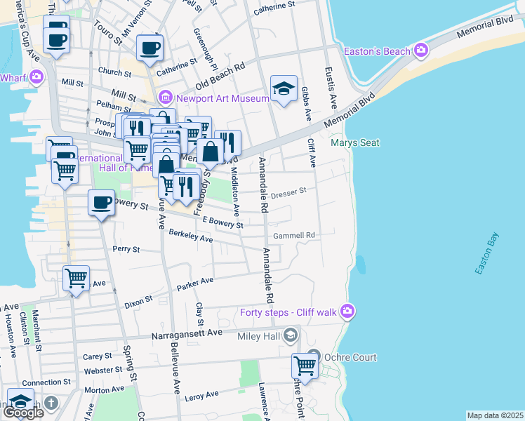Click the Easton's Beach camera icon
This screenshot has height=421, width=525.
(421, 50)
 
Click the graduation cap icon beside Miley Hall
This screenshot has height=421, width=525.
(289, 338)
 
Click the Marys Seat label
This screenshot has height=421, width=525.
(355, 143)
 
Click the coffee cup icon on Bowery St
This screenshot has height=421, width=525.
(101, 203)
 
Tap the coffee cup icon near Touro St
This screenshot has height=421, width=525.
(149, 48)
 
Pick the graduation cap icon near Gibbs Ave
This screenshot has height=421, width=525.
(284, 88)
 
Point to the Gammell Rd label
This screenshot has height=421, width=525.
(294, 235)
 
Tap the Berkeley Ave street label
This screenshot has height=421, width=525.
(190, 239)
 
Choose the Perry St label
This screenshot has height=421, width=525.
(126, 249)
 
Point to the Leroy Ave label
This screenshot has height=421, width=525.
(202, 397)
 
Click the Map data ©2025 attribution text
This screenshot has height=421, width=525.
(495, 415)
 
